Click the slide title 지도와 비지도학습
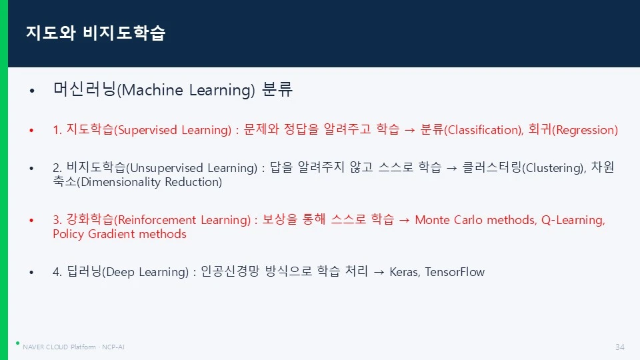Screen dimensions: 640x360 click(x=95, y=33)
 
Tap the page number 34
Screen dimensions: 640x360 click(x=619, y=347)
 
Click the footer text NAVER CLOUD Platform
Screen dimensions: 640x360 click(x=59, y=347)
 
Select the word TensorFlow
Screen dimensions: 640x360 click(x=455, y=272)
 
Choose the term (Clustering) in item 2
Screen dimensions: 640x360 click(x=553, y=168)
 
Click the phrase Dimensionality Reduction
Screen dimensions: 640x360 click(x=151, y=182)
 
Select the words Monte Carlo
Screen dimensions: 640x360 click(x=449, y=220)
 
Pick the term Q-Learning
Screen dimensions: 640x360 click(x=572, y=220)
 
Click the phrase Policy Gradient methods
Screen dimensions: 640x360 click(x=119, y=234)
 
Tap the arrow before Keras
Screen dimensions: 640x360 click(x=379, y=272)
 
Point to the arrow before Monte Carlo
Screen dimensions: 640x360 click(x=404, y=221)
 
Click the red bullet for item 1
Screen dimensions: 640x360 click(x=31, y=130)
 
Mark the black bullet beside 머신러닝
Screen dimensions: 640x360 click(x=32, y=90)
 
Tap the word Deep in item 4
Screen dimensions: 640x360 click(x=121, y=272)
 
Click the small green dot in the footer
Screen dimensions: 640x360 click(x=17, y=343)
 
